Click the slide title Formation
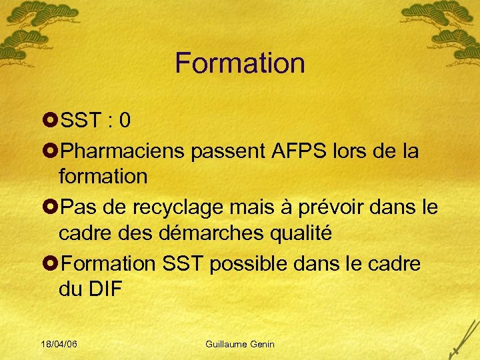240,63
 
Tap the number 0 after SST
124,121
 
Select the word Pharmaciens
123,151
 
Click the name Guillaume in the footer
228,344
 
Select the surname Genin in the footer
263,344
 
